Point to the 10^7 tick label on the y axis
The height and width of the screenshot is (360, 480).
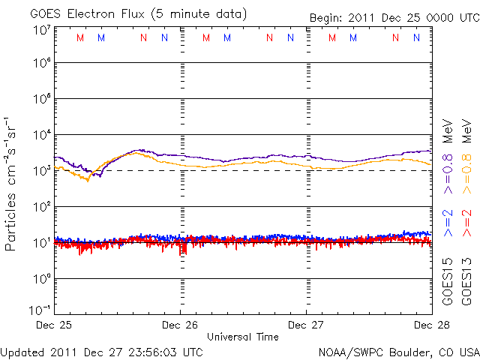[42, 31]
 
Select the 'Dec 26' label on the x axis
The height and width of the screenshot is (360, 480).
[180, 325]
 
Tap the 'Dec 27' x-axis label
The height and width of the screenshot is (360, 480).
[306, 325]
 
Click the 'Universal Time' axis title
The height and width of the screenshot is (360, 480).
[242, 337]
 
